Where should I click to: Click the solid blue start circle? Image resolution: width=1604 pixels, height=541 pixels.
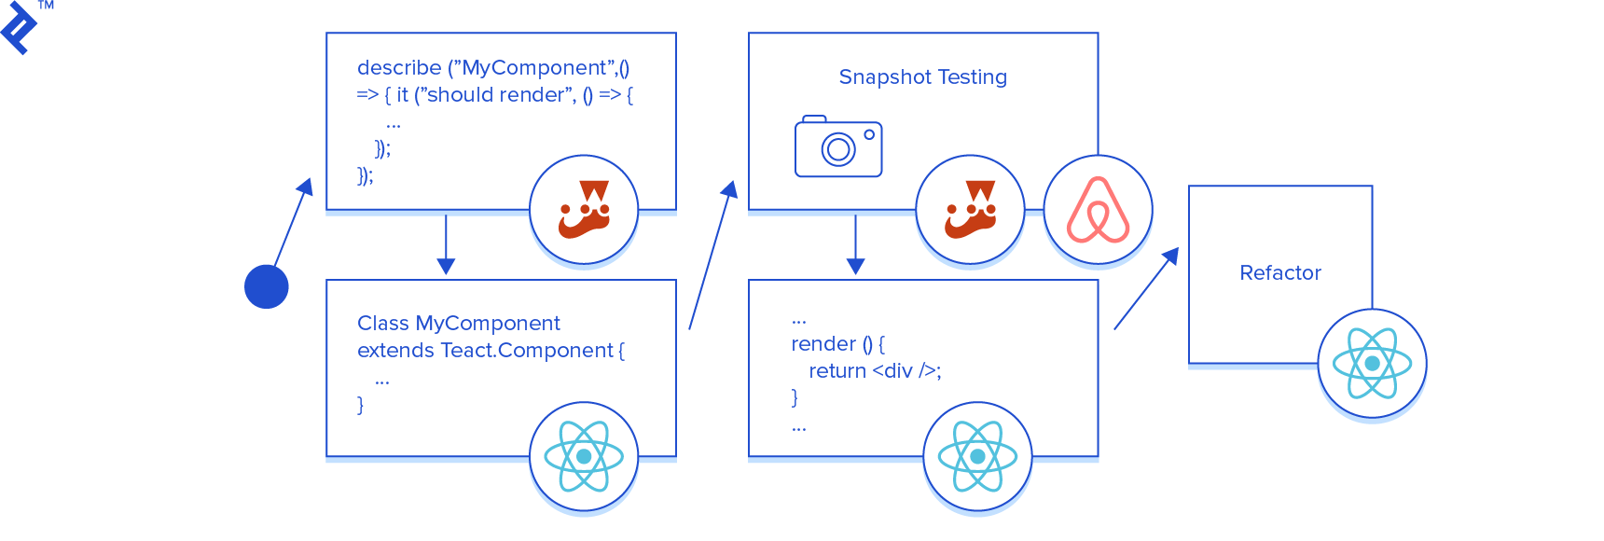267,286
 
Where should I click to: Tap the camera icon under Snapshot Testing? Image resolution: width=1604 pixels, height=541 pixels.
837,147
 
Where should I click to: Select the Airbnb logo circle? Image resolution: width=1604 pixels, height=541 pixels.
1098,210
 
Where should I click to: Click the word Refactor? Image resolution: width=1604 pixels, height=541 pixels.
1279,273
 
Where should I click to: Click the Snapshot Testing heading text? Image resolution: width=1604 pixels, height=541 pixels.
922,77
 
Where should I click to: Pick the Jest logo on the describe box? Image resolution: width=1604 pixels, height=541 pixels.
584,210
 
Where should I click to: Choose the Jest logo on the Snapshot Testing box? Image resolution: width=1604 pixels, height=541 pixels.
970,210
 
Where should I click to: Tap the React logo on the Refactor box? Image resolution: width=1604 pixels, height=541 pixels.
1372,364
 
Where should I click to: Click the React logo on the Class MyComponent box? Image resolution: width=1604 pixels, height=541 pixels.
584,456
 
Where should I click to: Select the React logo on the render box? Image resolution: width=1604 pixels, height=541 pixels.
977,456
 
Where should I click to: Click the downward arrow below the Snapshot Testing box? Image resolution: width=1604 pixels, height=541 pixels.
855,244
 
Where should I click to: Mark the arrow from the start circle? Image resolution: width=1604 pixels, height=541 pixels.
292,228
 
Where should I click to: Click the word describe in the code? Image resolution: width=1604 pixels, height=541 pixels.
399,68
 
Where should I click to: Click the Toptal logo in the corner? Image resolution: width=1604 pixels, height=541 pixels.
21,28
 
